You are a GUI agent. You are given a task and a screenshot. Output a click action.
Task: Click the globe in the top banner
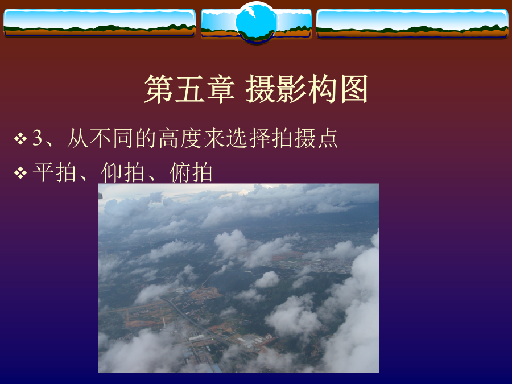point(256,22)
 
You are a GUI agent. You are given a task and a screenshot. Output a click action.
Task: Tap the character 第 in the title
point(159,89)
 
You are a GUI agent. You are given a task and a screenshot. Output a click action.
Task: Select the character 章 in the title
point(221,89)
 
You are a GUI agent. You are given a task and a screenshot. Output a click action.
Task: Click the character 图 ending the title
point(354,89)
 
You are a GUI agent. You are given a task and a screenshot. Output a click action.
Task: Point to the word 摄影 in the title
point(276,89)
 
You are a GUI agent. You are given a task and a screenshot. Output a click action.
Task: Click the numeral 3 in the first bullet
point(38,138)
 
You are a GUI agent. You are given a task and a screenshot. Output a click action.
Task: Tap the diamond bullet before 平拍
point(20,173)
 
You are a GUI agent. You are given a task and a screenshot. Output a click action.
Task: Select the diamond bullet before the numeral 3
point(20,138)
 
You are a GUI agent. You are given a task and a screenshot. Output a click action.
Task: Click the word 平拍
point(55,172)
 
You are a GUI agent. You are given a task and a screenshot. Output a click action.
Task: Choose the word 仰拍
point(123,172)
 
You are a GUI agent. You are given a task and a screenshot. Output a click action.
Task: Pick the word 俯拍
point(191,172)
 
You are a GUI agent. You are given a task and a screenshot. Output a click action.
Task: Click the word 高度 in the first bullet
point(180,138)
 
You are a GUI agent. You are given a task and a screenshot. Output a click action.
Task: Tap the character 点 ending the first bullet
point(327,138)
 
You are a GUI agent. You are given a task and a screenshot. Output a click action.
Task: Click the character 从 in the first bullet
point(77,138)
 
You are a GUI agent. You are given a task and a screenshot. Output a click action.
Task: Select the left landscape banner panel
point(100,23)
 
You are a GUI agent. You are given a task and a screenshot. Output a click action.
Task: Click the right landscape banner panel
point(412,23)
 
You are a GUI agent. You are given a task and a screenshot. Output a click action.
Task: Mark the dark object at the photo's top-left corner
point(100,196)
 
